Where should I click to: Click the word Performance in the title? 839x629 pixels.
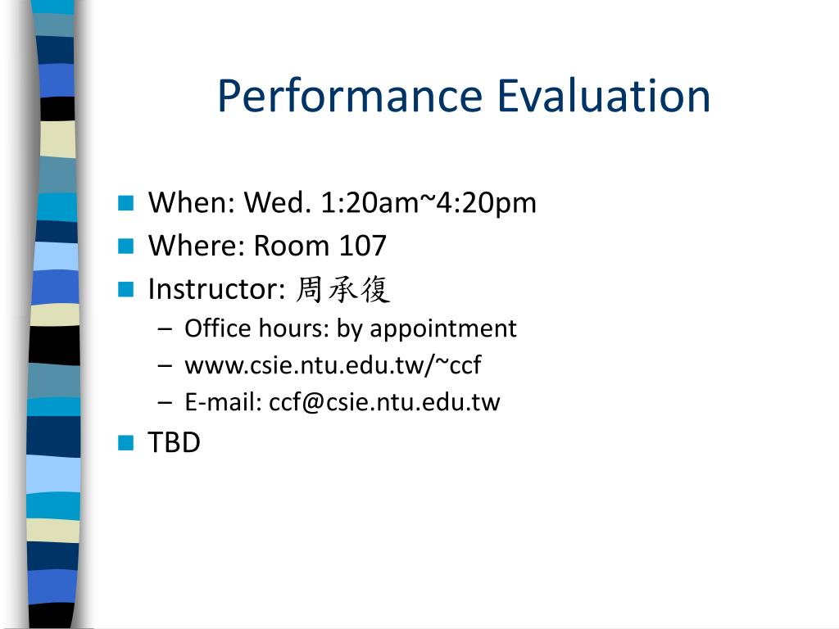point(351,97)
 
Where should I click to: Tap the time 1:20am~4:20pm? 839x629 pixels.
point(428,203)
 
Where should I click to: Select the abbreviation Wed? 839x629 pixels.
point(277,203)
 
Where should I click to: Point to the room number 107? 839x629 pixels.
point(363,246)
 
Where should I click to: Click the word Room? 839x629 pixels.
point(292,246)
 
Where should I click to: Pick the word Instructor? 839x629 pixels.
point(216,289)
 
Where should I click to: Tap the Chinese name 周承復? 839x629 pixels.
point(342,289)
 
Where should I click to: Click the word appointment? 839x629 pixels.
point(443,329)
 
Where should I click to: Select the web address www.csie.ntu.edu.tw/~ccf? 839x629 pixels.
point(333,366)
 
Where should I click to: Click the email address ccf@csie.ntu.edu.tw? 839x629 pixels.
point(384,402)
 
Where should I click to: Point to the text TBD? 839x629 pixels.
point(174,443)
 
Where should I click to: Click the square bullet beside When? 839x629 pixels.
point(125,203)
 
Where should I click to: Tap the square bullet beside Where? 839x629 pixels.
point(125,246)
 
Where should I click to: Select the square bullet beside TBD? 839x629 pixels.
point(125,443)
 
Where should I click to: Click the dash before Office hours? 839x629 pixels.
point(166,329)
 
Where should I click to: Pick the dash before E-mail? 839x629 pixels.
point(166,402)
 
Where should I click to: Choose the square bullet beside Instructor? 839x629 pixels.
point(125,289)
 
